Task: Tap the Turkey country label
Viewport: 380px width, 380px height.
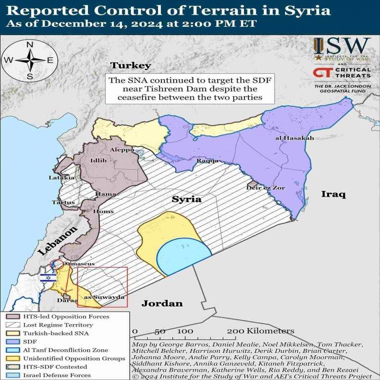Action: pos(130,65)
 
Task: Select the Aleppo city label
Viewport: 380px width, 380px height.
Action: pos(122,149)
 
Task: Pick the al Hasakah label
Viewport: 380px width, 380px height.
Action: pos(294,138)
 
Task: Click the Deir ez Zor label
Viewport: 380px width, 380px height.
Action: pos(266,188)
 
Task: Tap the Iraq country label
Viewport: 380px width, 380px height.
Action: pos(332,193)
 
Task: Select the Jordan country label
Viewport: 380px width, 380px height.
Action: pos(162,303)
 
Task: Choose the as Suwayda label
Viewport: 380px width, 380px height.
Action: pos(103,297)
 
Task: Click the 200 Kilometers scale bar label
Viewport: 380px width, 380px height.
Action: pos(261,331)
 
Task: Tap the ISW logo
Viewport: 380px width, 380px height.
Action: pos(342,48)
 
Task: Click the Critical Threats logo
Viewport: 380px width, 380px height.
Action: pos(342,73)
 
